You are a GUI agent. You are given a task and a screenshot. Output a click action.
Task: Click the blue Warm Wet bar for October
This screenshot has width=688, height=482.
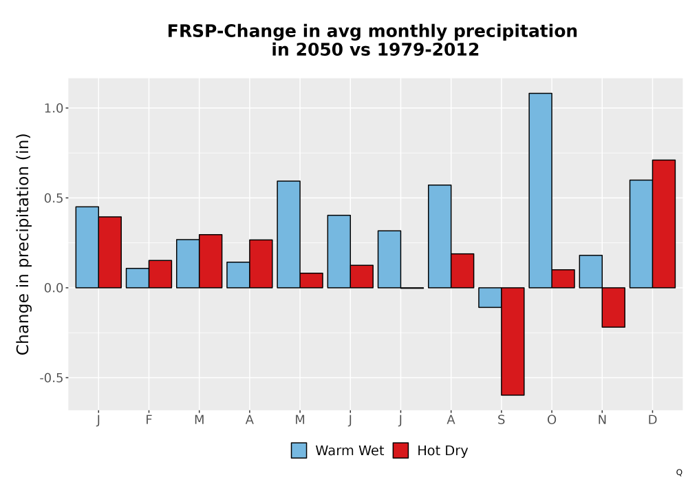tap(540, 191)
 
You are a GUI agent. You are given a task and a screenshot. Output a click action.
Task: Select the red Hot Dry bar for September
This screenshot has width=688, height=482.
tap(513, 342)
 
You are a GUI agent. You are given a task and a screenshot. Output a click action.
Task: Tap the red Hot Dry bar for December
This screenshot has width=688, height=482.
tap(663, 224)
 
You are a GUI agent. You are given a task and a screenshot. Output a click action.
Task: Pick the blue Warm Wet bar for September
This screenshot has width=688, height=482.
tap(490, 297)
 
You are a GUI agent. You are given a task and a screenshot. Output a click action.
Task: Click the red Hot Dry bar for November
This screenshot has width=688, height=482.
tap(614, 307)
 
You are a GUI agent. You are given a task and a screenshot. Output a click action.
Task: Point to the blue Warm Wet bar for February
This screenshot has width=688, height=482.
tap(138, 278)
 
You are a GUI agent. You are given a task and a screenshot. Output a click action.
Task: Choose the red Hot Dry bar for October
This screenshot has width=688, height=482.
tap(563, 279)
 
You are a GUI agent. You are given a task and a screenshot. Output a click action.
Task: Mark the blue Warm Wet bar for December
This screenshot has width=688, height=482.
tap(641, 234)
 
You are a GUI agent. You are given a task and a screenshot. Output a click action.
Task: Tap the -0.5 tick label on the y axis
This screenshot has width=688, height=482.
tap(52, 378)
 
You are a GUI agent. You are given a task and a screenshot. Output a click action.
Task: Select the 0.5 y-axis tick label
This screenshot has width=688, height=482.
tap(54, 198)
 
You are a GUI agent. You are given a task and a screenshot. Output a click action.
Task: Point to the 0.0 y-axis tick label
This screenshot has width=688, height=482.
tap(54, 288)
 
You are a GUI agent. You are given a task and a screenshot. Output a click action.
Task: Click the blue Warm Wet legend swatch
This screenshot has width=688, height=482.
tap(299, 450)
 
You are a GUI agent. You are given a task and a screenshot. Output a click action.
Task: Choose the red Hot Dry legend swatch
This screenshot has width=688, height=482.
tap(400, 450)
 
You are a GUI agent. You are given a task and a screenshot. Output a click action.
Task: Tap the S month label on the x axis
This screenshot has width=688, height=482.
tap(501, 420)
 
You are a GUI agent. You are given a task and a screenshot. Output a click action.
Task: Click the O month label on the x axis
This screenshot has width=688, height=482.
tap(552, 420)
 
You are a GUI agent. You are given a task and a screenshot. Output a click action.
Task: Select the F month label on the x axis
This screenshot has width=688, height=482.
tap(149, 420)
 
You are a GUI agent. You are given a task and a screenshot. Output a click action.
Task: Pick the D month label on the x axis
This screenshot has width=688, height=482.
tap(652, 420)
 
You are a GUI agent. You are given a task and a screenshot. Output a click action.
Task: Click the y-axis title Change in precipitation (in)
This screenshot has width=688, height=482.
tap(23, 244)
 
